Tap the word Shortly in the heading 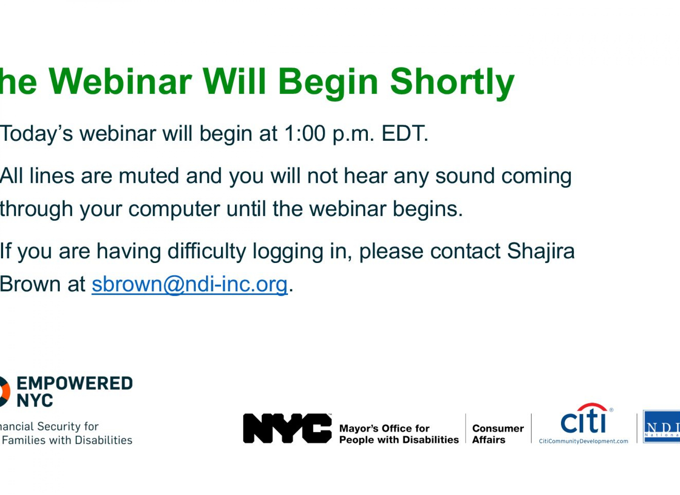tap(452, 84)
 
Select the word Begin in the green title tap(328, 84)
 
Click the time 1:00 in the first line tap(305, 134)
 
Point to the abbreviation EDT tap(405, 134)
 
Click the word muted tap(149, 176)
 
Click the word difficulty tap(206, 251)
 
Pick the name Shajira tap(541, 251)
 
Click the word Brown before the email tap(30, 284)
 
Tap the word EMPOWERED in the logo tap(75, 383)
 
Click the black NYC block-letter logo tap(287, 428)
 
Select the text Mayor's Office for tap(385, 428)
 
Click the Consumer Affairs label tap(498, 434)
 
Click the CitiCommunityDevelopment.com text tap(584, 441)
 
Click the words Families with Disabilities tap(67, 440)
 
